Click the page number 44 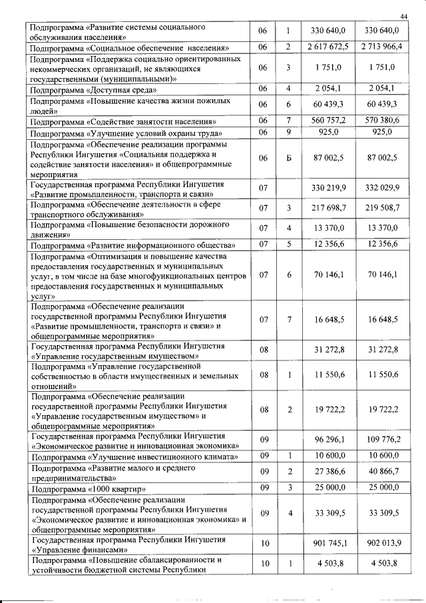point(404,16)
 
